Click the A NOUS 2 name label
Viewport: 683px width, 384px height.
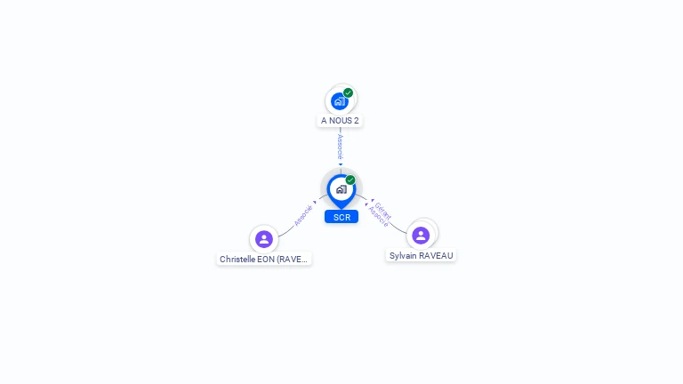pos(340,120)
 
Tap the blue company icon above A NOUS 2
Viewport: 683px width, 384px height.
pos(339,100)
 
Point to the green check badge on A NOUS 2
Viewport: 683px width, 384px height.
pos(348,92)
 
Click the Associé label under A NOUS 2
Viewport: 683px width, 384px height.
pos(340,146)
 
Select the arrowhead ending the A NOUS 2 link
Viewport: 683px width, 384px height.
pos(340,164)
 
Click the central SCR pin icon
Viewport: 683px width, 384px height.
pos(341,189)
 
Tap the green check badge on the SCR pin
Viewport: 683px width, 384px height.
pos(350,180)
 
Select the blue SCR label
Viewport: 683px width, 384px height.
pos(341,217)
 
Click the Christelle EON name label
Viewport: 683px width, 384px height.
pos(264,260)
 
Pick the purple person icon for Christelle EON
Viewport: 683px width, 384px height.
pos(263,238)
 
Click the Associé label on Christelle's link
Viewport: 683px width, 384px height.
pos(303,215)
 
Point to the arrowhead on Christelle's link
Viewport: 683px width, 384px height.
pos(315,203)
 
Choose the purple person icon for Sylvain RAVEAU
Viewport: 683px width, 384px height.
pos(421,235)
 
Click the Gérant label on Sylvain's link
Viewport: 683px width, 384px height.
pos(383,210)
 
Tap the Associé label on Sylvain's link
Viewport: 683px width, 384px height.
pos(378,217)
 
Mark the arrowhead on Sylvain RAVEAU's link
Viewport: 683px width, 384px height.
pos(371,202)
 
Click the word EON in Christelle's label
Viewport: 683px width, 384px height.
pos(266,260)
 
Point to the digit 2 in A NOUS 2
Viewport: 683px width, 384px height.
pos(357,120)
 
